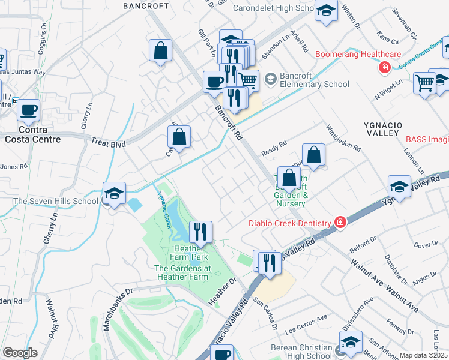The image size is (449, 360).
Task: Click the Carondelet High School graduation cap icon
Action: [326, 11]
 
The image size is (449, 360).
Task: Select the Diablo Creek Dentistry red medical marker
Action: [340, 223]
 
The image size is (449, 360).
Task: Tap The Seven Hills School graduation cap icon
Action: [114, 193]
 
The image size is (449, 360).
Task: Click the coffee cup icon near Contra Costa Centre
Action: [29, 110]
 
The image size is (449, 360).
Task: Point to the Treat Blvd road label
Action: [107, 143]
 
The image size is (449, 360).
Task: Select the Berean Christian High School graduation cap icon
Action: [351, 342]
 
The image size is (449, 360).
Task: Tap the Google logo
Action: [20, 353]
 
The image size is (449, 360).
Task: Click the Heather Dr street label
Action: [223, 289]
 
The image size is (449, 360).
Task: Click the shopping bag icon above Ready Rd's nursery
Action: [313, 155]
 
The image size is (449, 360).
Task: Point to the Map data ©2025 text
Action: [424, 355]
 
